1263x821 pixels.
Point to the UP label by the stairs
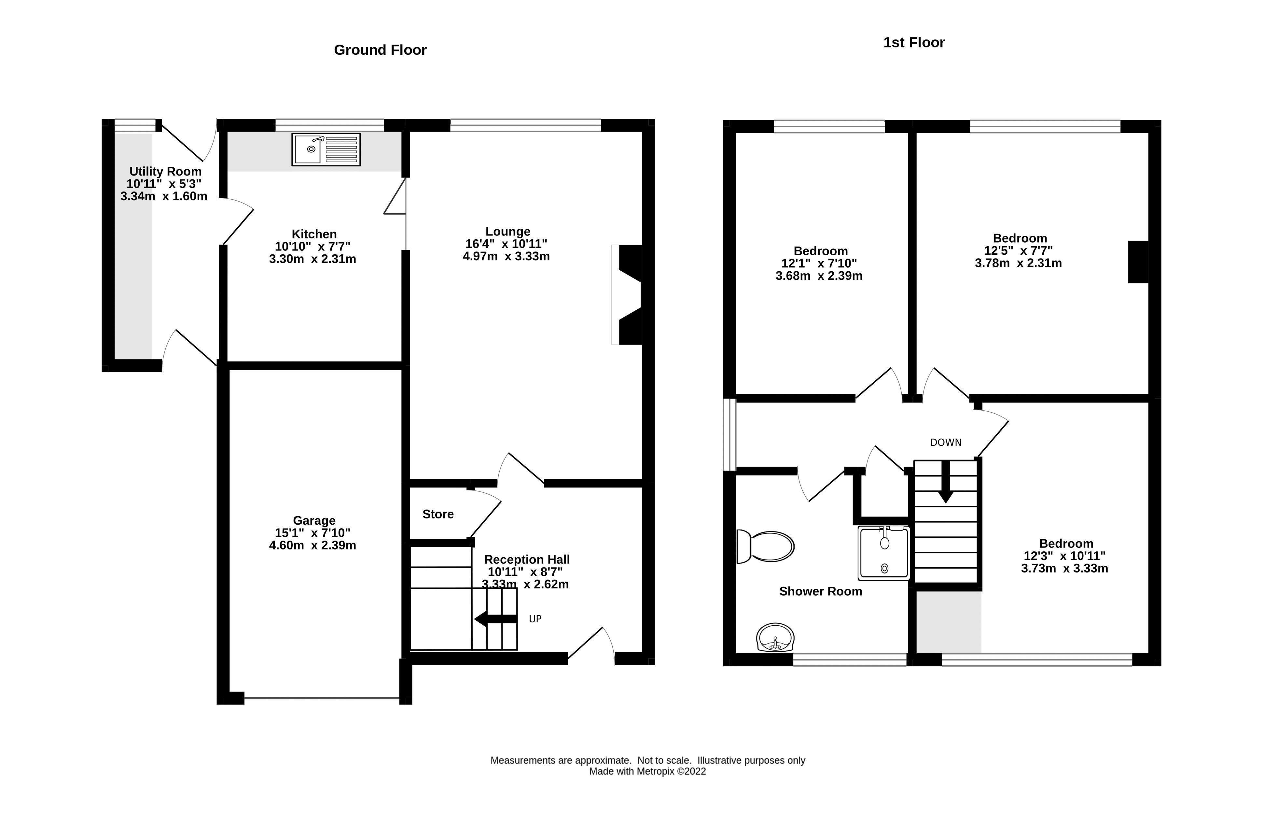tap(535, 619)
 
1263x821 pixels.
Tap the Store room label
tap(438, 514)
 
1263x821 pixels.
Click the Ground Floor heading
tap(380, 50)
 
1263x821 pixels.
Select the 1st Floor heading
tap(913, 42)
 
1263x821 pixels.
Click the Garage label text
tap(314, 520)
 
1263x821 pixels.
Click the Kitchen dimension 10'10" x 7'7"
tap(312, 247)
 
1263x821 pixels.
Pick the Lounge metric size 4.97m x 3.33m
tap(506, 257)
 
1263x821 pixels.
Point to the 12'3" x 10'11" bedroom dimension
tap(1064, 556)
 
